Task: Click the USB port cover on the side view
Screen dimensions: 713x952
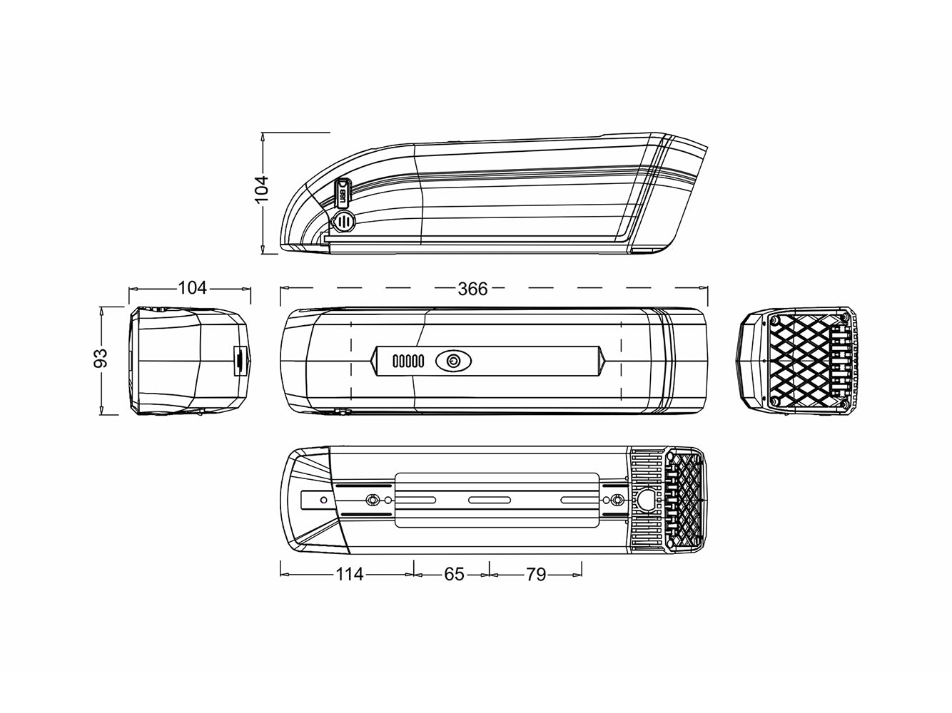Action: click(x=343, y=192)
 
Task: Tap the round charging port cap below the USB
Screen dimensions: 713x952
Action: click(x=345, y=221)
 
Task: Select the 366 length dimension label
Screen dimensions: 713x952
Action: click(x=472, y=289)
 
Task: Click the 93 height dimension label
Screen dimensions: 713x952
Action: click(x=101, y=359)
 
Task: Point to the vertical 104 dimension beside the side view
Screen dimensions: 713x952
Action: click(x=262, y=190)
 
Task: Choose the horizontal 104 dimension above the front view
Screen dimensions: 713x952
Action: click(x=192, y=287)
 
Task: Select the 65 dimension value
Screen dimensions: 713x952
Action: click(x=454, y=574)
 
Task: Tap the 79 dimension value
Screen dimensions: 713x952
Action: click(x=535, y=574)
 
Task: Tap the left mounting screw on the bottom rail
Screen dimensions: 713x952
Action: click(x=371, y=500)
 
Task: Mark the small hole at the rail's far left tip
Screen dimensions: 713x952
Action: click(x=324, y=500)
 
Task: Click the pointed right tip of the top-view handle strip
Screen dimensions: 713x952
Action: click(x=602, y=361)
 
